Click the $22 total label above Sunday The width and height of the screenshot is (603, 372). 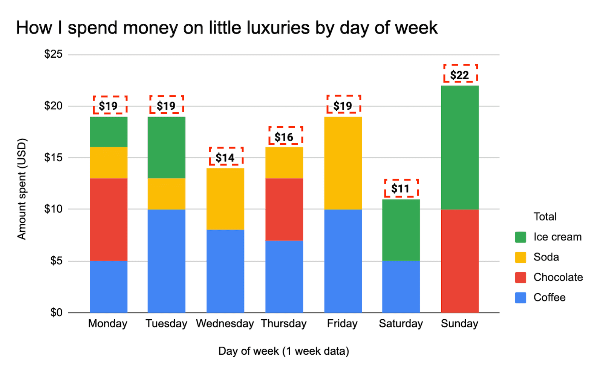(x=460, y=74)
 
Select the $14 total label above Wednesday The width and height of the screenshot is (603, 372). (x=225, y=157)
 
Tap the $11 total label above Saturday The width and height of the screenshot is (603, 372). (x=401, y=188)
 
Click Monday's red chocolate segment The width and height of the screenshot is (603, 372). (x=109, y=219)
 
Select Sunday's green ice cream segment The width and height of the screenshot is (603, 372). (x=460, y=147)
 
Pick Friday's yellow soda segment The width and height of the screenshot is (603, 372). (x=343, y=163)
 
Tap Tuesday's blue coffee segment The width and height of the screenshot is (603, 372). (x=167, y=261)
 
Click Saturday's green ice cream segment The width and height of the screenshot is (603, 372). (x=401, y=230)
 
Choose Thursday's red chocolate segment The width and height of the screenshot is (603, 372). (x=284, y=209)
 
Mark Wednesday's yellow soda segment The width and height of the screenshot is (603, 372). (x=225, y=199)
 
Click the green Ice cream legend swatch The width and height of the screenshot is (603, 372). (x=520, y=237)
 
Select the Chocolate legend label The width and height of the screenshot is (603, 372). (x=558, y=277)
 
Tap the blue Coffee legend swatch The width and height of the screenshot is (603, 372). (x=520, y=298)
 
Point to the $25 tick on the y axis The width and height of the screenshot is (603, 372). (x=54, y=54)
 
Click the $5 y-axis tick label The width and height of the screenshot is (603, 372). (x=57, y=261)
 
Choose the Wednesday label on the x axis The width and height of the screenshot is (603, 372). (x=225, y=324)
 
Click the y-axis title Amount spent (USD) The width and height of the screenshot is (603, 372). (x=22, y=189)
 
